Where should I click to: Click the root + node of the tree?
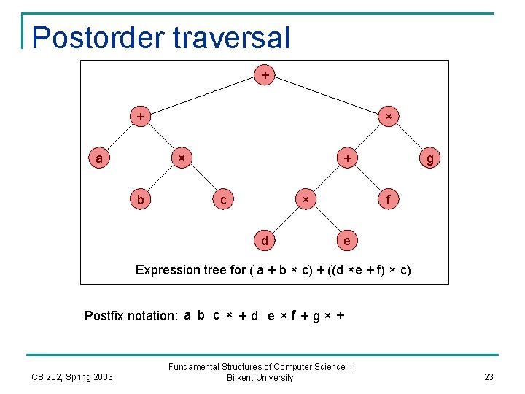click(264, 74)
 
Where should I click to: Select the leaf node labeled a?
click(98, 158)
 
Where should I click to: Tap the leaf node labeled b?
click(139, 199)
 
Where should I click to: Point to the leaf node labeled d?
click(264, 240)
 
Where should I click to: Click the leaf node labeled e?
click(347, 240)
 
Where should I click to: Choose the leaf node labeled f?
click(389, 199)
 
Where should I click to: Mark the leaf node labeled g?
click(430, 158)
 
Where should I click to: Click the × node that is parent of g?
click(389, 116)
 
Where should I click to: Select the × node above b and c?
click(181, 158)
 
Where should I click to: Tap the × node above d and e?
click(306, 199)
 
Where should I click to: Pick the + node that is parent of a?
click(139, 116)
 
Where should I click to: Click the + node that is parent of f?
click(347, 158)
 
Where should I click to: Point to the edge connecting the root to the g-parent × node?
click(327, 96)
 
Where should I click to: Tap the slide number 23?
click(489, 377)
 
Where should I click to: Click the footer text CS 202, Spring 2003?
click(72, 377)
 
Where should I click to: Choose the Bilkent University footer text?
click(260, 378)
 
